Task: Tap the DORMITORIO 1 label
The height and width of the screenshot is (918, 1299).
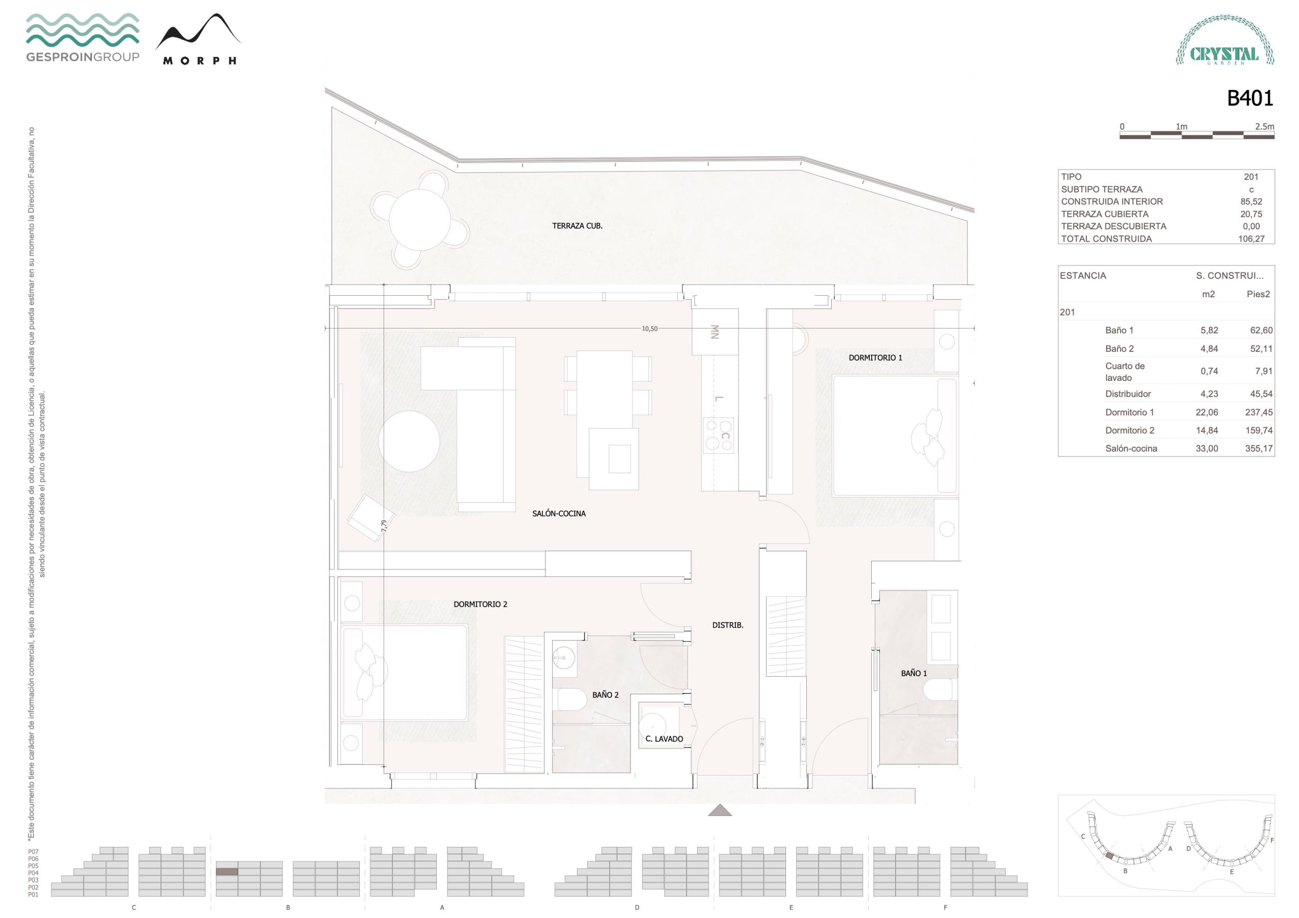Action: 875,358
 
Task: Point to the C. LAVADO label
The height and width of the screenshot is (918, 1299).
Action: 664,738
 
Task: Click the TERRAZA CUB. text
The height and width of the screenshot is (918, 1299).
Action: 577,226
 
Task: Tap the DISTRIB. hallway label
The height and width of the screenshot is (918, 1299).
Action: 728,625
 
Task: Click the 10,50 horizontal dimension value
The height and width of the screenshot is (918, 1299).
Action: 649,329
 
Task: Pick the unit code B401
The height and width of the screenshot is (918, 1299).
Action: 1250,98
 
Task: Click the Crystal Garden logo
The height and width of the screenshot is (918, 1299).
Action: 1225,40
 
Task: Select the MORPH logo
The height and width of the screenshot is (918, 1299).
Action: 198,39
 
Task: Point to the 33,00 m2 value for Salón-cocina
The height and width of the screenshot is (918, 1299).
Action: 1207,448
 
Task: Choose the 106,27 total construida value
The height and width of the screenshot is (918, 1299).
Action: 1251,239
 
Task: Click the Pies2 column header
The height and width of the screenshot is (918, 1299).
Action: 1258,294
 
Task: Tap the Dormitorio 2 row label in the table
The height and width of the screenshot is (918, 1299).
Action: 1130,431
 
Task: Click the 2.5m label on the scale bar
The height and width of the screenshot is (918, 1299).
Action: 1264,126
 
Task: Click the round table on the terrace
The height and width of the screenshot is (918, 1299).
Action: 420,220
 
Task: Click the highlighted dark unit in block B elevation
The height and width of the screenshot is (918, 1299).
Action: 227,872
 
